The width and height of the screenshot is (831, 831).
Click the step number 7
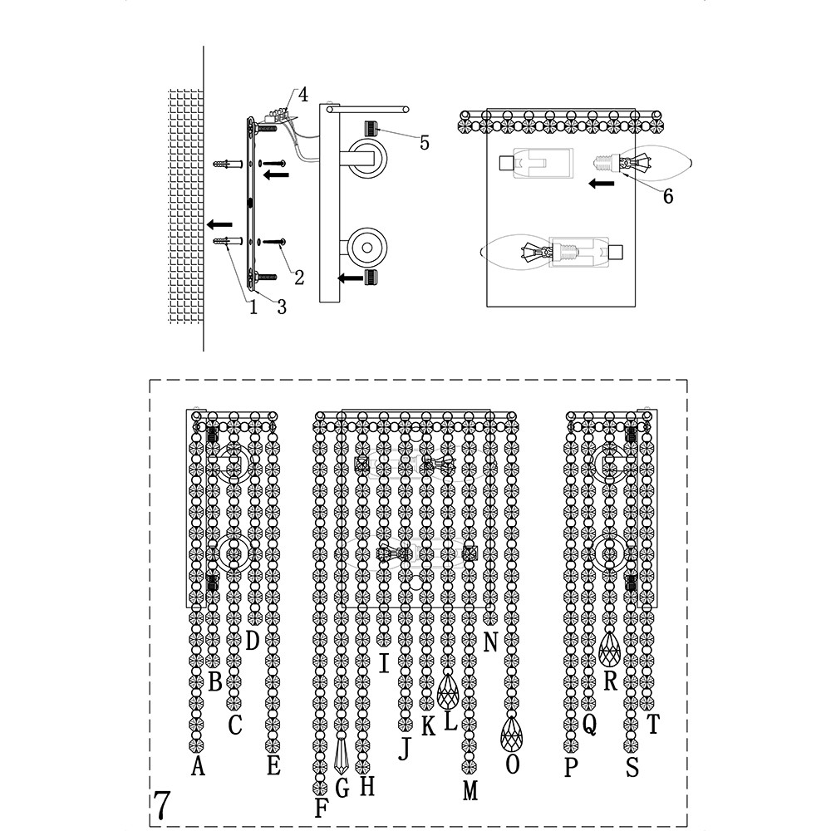[162, 804]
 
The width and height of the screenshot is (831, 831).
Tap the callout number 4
[303, 95]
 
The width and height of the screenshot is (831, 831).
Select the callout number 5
[425, 142]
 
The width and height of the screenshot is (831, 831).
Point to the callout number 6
[668, 196]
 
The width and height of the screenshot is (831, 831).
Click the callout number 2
[299, 278]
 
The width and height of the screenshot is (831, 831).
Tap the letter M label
[470, 791]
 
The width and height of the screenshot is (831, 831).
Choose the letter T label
[652, 725]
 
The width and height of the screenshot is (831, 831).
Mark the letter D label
[253, 640]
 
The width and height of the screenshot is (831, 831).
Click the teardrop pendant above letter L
[449, 690]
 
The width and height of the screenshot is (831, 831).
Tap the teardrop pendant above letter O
[512, 734]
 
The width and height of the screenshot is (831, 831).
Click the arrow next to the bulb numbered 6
[602, 182]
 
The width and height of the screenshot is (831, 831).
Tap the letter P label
[570, 768]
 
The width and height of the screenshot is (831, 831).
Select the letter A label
[198, 765]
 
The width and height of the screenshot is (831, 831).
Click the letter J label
[405, 750]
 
